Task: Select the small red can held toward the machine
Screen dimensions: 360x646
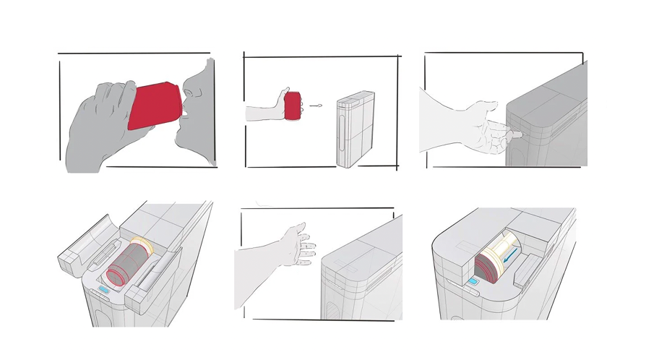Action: click(293, 106)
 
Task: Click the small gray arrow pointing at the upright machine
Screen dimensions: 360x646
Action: click(315, 106)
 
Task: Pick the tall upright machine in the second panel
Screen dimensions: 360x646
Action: click(356, 129)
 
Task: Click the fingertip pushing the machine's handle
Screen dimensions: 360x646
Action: click(519, 134)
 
